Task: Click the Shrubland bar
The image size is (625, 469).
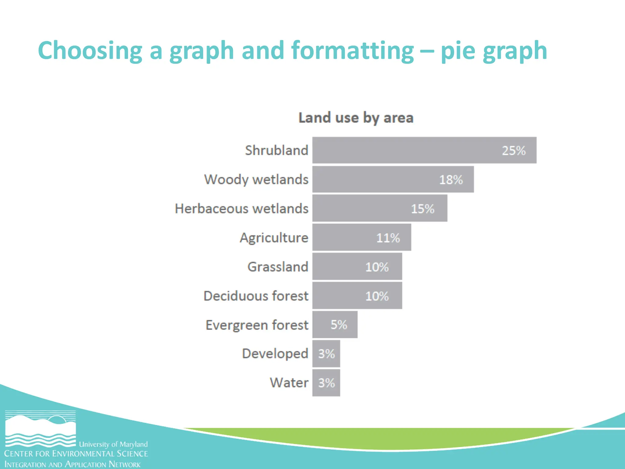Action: point(424,150)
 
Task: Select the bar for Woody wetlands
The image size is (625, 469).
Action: point(393,179)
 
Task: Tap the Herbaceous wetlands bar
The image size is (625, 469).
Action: point(380,208)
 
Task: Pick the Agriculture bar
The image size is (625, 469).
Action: point(362,237)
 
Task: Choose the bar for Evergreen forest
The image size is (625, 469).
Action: point(335,325)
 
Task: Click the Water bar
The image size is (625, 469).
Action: point(326,383)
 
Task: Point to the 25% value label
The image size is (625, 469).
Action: point(514,151)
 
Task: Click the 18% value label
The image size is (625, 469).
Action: point(451,180)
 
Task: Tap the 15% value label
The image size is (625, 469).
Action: point(422,209)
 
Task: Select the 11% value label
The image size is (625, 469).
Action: point(388,238)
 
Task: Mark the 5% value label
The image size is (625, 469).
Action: point(339,325)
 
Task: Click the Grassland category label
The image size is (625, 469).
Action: point(278,267)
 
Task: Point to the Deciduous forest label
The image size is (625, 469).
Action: point(256,296)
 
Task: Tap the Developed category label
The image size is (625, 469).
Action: point(275,354)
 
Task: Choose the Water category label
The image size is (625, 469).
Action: point(289,383)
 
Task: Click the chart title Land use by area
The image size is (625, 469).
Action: point(356,118)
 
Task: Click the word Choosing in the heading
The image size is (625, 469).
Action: point(90,51)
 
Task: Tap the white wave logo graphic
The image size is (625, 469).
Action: point(40,429)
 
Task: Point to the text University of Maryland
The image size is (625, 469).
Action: point(113,444)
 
